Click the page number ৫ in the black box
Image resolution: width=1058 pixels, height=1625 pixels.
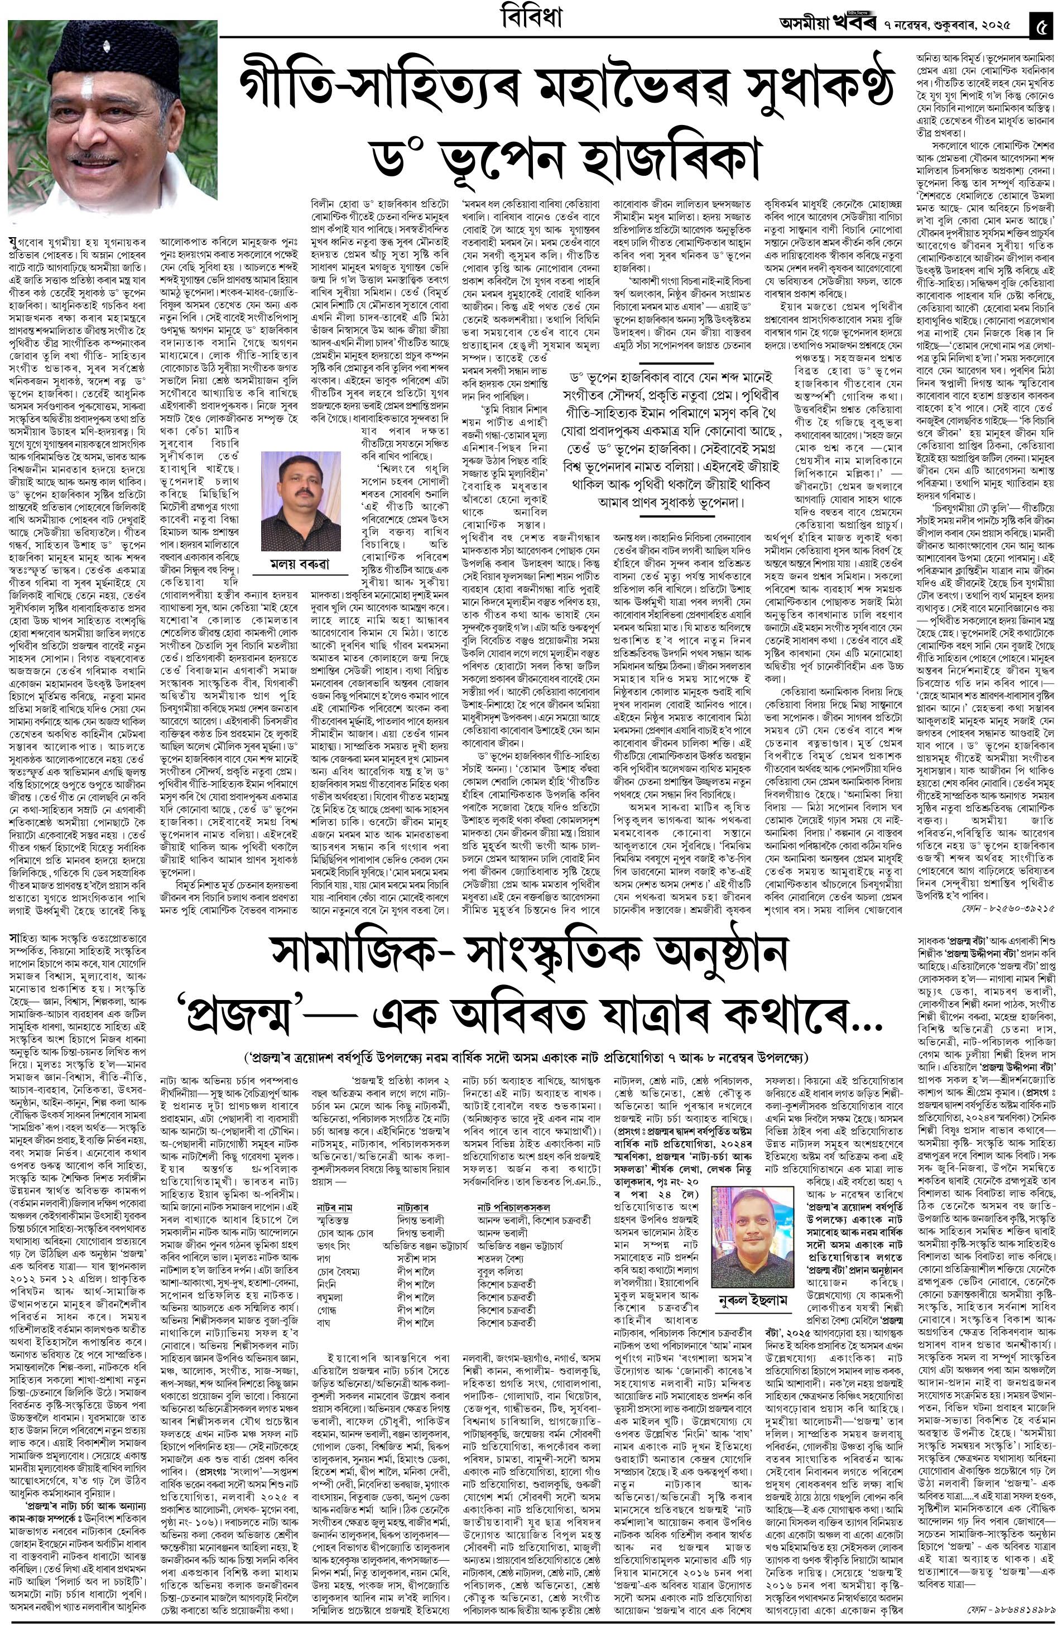tap(1042, 22)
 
